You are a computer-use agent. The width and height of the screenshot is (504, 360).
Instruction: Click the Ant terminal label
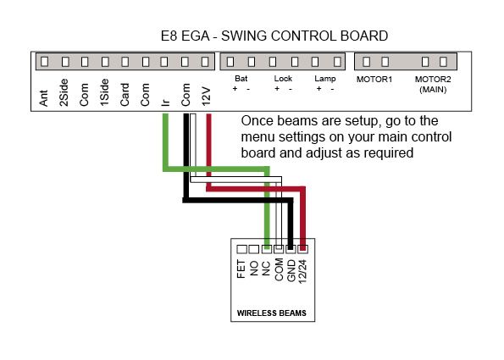tap(44, 98)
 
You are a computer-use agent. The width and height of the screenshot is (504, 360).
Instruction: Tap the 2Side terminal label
tap(64, 92)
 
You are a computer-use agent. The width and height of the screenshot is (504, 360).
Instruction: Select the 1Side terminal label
tap(104, 92)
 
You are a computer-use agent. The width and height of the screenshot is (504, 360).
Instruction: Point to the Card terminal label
tap(125, 95)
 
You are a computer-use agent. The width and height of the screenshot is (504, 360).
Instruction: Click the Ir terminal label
tap(165, 102)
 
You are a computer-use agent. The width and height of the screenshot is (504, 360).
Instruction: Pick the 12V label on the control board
tap(206, 96)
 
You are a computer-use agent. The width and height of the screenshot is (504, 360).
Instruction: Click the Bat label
tap(241, 79)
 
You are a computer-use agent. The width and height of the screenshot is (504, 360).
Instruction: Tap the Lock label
tap(283, 79)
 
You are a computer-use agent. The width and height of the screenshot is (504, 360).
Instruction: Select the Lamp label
tap(325, 79)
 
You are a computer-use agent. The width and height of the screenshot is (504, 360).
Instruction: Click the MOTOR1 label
tap(374, 80)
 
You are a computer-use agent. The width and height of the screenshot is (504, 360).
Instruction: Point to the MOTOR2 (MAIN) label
tap(433, 84)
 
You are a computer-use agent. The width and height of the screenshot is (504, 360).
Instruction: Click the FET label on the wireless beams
tap(241, 269)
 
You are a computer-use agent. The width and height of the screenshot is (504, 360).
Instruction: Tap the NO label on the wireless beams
tap(254, 268)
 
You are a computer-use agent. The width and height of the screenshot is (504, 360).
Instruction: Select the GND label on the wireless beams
tap(291, 271)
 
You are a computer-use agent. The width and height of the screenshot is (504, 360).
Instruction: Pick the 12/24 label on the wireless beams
tap(302, 271)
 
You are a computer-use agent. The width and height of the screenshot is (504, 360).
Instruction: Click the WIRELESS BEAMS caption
tap(272, 313)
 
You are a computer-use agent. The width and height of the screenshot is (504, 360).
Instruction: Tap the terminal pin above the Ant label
tap(45, 61)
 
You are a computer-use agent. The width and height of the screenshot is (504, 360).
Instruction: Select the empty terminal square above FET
tap(241, 249)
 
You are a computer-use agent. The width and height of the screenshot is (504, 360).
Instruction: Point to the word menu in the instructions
tap(258, 137)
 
